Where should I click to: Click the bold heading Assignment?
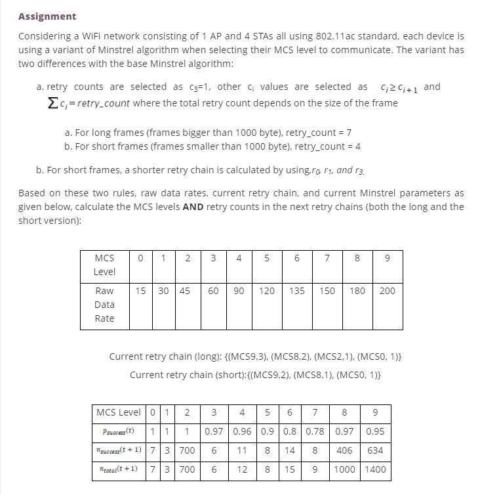pos(47,16)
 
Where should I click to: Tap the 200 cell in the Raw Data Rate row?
pos(387,291)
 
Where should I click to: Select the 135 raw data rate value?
pos(296,291)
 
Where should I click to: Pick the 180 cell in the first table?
pos(357,291)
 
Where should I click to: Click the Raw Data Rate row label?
pos(104,305)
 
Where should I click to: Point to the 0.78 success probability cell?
pos(315,431)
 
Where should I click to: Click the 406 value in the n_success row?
pos(344,450)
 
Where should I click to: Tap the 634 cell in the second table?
pos(375,450)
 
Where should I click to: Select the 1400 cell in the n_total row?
pos(375,469)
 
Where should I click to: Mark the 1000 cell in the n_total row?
pos(344,469)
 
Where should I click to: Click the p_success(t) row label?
pos(119,431)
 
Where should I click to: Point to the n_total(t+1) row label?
pos(119,469)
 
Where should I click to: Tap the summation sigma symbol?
pos(39,103)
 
